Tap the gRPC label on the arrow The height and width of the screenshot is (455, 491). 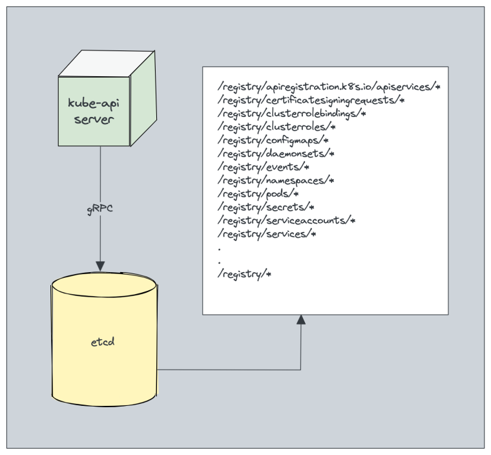point(99,209)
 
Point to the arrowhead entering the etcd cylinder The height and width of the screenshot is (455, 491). point(99,266)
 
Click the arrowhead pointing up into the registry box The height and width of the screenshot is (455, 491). point(300,319)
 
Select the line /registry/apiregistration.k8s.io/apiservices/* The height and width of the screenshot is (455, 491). point(329,86)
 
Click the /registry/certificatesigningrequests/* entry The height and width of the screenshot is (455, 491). point(311,100)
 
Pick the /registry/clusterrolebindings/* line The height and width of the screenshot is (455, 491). point(292,113)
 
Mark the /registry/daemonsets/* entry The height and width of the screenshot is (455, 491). point(276,154)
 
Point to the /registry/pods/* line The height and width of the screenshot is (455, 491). point(258,194)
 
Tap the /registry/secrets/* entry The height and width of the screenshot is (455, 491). point(266,207)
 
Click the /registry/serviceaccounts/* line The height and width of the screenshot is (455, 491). point(287,221)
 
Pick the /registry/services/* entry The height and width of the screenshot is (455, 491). point(267,234)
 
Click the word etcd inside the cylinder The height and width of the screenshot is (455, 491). point(103,341)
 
